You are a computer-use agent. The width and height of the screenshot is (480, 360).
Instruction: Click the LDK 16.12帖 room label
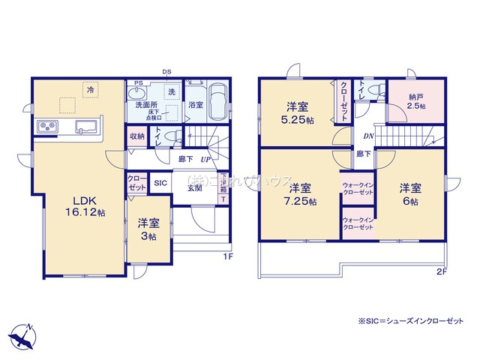(84, 207)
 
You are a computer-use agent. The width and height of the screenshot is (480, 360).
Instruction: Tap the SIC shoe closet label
(160, 182)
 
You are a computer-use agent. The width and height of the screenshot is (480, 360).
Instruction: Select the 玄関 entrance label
(195, 188)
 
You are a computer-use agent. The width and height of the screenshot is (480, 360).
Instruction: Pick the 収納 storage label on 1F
(136, 136)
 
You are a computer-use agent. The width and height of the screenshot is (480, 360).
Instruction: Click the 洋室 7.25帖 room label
(302, 193)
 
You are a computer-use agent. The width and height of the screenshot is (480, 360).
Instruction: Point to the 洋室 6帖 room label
(409, 193)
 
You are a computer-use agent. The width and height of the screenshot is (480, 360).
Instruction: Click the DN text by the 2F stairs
(368, 136)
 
